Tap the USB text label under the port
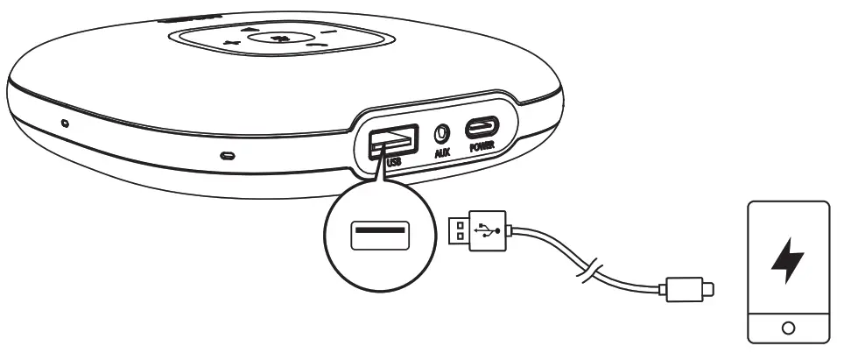pyautogui.click(x=393, y=160)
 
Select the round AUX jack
pyautogui.click(x=443, y=134)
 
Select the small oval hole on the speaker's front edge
pyautogui.click(x=228, y=157)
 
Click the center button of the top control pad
pyautogui.click(x=278, y=38)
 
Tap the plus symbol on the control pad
pyautogui.click(x=230, y=44)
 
